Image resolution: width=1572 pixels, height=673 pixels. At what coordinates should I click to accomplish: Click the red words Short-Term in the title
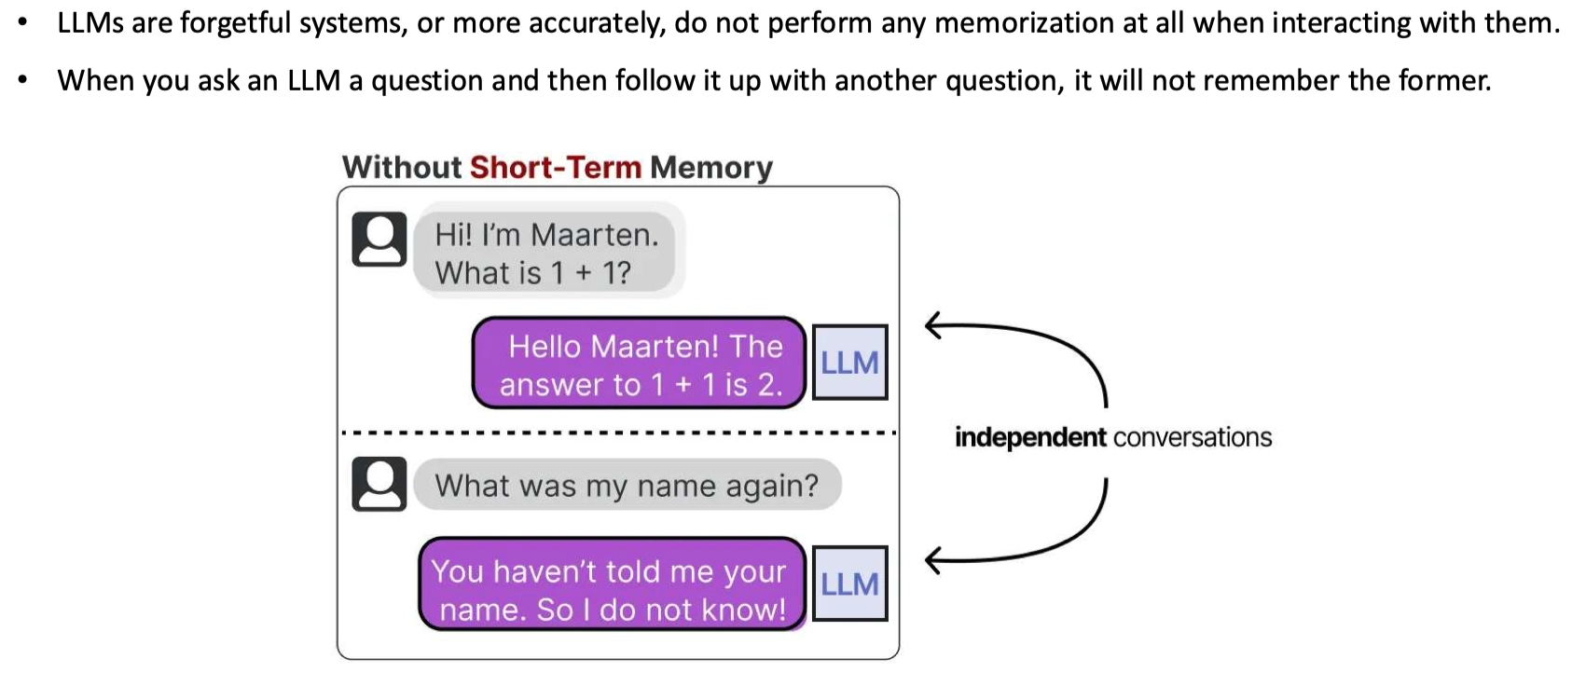pyautogui.click(x=555, y=168)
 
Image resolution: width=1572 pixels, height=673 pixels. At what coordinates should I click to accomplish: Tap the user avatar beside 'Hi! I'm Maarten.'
pyautogui.click(x=379, y=240)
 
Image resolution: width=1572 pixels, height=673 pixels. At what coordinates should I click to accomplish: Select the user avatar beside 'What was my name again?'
pyautogui.click(x=379, y=484)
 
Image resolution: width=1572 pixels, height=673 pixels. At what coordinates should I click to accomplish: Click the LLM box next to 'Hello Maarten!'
pyautogui.click(x=849, y=362)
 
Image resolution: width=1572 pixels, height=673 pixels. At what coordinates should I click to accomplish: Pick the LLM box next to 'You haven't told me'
pyautogui.click(x=849, y=584)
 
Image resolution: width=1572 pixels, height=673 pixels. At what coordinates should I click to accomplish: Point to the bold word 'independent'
pyautogui.click(x=1030, y=438)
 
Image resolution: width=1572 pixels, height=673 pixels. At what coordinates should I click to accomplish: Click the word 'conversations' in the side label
pyautogui.click(x=1193, y=438)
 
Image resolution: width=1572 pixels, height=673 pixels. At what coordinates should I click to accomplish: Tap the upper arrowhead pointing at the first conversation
pyautogui.click(x=933, y=325)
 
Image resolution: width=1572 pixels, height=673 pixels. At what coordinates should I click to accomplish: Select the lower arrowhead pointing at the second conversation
pyautogui.click(x=933, y=561)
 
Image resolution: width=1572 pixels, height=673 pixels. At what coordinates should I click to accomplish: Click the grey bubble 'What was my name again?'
pyautogui.click(x=627, y=485)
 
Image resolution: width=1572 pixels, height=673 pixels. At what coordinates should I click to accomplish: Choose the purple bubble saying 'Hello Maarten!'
pyautogui.click(x=640, y=362)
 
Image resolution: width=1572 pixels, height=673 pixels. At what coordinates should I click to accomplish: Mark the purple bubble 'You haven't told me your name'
pyautogui.click(x=612, y=584)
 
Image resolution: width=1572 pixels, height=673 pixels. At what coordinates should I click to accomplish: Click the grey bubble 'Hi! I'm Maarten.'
pyautogui.click(x=545, y=252)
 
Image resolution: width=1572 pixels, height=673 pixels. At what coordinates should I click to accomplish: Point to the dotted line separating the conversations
pyautogui.click(x=618, y=433)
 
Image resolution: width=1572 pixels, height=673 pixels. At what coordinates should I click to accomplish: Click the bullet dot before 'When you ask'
pyautogui.click(x=23, y=80)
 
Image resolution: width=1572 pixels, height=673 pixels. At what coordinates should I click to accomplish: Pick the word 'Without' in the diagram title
pyautogui.click(x=402, y=168)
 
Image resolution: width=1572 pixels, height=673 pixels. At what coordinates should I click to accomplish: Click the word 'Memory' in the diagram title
pyautogui.click(x=710, y=169)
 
